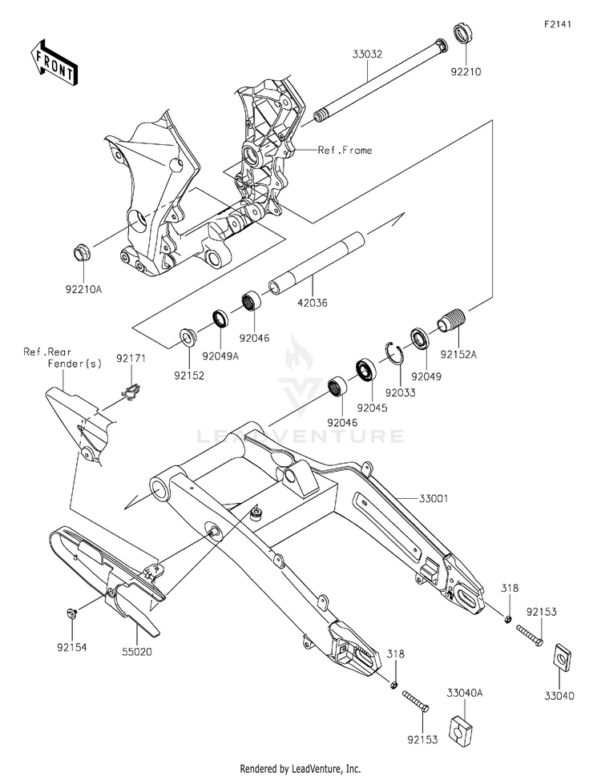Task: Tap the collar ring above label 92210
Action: click(462, 34)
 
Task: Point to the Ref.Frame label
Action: click(345, 150)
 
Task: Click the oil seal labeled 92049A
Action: click(219, 319)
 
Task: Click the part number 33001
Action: click(434, 498)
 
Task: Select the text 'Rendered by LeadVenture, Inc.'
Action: click(300, 768)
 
